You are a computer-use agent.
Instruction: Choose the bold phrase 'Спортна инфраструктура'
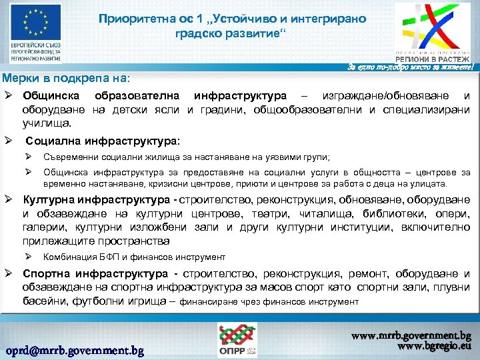(95, 274)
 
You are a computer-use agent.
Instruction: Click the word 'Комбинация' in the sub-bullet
(70, 257)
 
